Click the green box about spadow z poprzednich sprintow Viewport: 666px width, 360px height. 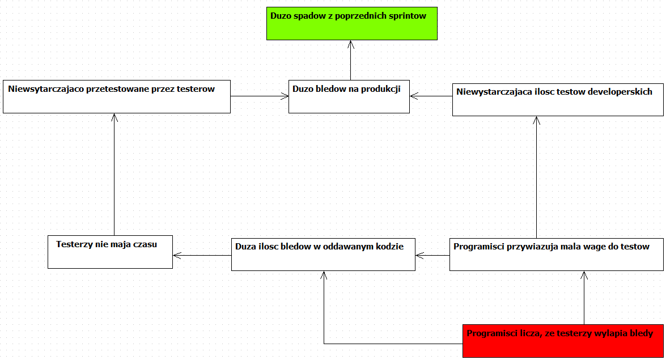[x=351, y=23]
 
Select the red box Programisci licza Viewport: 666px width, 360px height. [x=563, y=341]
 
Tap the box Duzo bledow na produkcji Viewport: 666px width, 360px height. [x=349, y=96]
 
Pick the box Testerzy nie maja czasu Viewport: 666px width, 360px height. [x=110, y=252]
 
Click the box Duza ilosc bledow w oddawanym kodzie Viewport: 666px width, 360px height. [x=323, y=255]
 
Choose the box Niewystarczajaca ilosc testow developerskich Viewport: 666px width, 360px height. [x=558, y=99]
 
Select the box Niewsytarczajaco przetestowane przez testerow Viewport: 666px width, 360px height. [x=117, y=96]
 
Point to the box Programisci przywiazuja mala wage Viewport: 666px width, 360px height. [x=557, y=255]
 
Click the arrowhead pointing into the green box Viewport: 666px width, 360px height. [x=350, y=44]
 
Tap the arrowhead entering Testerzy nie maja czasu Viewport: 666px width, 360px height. [x=177, y=256]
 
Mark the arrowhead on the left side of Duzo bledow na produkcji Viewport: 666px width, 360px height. [x=285, y=96]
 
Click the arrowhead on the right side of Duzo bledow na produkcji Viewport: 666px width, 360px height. [x=414, y=96]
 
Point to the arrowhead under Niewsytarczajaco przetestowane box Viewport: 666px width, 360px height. [x=114, y=118]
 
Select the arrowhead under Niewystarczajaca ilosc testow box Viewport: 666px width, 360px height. [x=536, y=120]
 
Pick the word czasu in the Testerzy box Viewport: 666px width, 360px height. [x=145, y=244]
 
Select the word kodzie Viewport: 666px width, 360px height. [x=391, y=247]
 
